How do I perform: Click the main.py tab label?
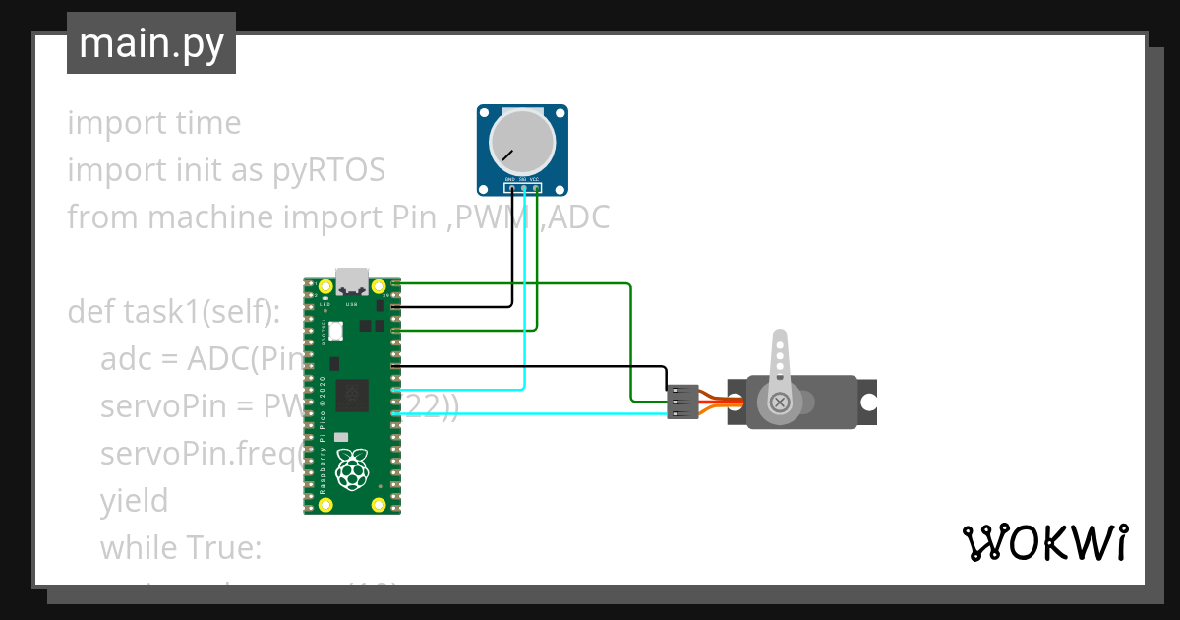[150, 43]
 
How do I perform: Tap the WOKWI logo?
[1044, 542]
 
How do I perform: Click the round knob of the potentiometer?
[523, 142]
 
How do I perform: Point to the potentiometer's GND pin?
[510, 187]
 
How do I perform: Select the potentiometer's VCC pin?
[535, 187]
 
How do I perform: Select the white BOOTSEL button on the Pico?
[336, 332]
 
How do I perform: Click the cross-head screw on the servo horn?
[780, 402]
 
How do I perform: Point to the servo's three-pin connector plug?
[682, 402]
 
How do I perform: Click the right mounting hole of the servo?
[868, 403]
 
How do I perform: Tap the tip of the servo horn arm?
[780, 339]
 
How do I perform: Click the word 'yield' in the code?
[134, 501]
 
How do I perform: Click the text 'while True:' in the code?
[181, 548]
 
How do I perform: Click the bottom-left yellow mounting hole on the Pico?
[325, 504]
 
